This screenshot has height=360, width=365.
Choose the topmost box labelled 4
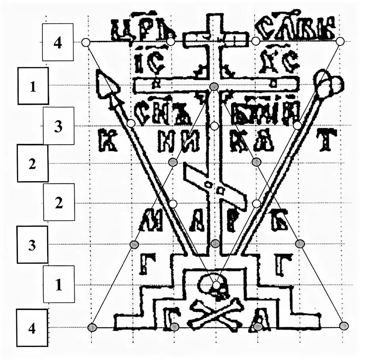click(58, 42)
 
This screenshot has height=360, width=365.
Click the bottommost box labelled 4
click(32, 328)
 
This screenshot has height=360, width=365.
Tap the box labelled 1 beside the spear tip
click(33, 86)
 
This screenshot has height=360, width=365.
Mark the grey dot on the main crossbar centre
click(214, 86)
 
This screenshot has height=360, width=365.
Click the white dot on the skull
click(216, 284)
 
